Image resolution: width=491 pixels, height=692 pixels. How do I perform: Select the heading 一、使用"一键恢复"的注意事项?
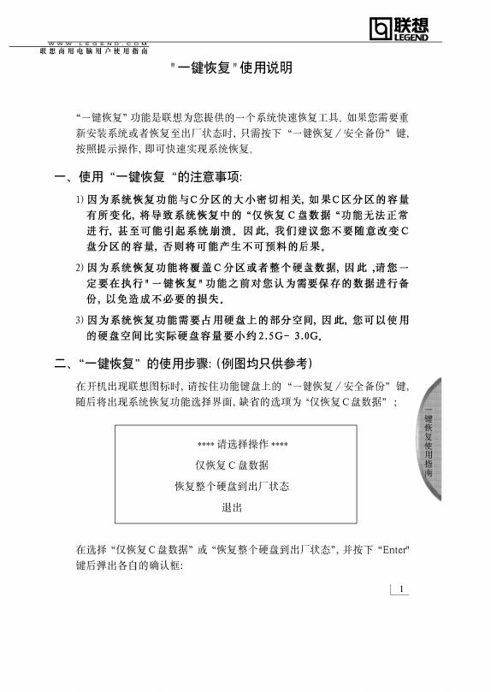tap(149, 177)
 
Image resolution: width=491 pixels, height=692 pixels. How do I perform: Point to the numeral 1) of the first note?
tap(79, 198)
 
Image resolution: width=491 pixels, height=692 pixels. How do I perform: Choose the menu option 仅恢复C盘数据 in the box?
tap(232, 465)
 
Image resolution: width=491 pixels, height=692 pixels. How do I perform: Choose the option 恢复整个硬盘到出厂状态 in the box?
tap(232, 486)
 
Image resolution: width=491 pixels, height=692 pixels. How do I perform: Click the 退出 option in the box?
tap(232, 507)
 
